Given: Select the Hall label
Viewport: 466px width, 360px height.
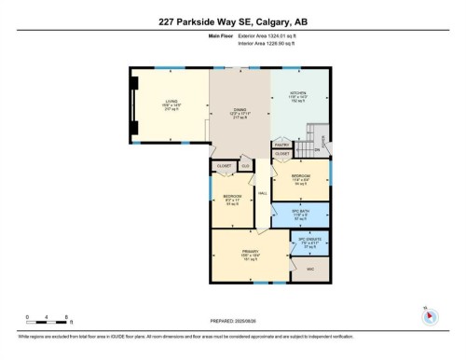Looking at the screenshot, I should [x=264, y=193].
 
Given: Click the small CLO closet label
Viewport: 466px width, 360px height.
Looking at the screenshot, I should [x=245, y=166].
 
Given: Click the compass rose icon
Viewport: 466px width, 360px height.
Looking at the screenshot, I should [x=429, y=314].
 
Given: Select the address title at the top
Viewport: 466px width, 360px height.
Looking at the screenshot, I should [x=232, y=22].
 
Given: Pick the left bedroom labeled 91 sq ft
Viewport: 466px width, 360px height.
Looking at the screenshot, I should [x=231, y=201].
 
